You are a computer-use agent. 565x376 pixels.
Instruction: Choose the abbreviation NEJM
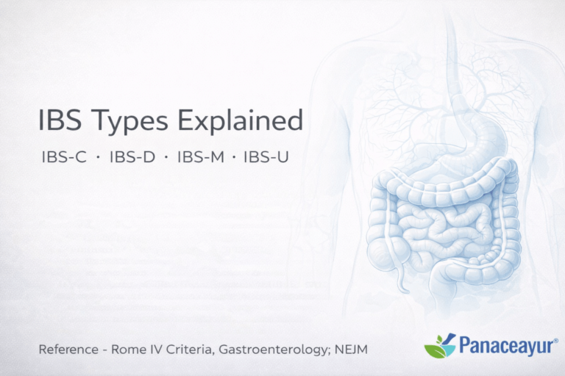(x=349, y=350)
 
